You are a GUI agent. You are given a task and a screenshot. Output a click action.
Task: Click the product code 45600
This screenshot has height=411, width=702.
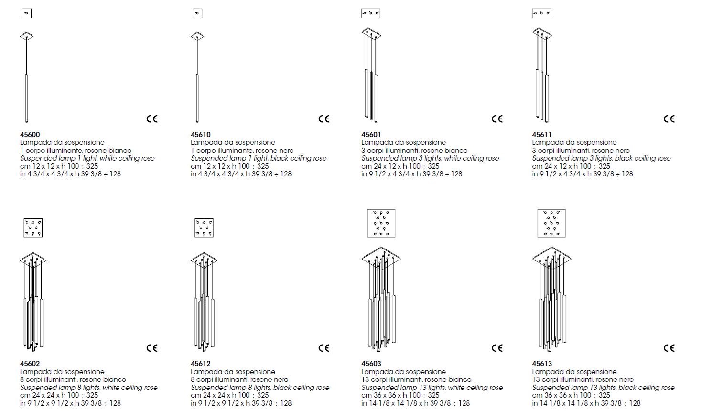[x=30, y=134]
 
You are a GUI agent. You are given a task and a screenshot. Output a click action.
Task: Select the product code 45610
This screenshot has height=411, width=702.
[x=201, y=134]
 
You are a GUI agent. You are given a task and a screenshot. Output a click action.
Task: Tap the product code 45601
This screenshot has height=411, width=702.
[x=371, y=134]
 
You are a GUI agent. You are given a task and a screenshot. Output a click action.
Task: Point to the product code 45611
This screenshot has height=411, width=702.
[x=541, y=134]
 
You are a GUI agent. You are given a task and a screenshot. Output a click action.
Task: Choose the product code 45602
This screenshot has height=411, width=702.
[x=30, y=364]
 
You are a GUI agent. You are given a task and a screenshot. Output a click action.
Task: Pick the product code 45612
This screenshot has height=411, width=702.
[x=201, y=364]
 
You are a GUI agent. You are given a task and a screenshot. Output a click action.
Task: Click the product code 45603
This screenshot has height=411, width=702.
[x=371, y=364]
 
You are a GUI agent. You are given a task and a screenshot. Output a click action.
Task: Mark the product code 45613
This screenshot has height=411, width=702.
[x=542, y=364]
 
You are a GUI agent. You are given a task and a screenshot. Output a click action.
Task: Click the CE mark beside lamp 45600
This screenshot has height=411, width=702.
[x=152, y=119]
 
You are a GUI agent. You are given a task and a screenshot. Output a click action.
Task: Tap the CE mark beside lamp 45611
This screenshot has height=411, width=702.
[x=669, y=119]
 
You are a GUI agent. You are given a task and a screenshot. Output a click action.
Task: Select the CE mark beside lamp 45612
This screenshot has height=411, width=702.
[x=324, y=348]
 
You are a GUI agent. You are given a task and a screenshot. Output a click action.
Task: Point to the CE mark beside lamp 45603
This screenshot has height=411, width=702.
[x=497, y=348]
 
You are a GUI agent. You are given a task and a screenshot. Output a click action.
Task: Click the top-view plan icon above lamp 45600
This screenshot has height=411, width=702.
[x=27, y=13]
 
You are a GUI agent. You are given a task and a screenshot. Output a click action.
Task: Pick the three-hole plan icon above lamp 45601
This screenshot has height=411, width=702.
[x=371, y=13]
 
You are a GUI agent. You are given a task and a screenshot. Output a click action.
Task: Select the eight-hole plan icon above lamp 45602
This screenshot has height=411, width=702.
[x=33, y=227]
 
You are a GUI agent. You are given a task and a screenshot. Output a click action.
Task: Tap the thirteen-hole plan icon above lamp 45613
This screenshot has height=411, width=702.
[x=551, y=223]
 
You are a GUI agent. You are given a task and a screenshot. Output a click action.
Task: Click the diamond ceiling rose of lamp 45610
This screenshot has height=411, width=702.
[x=197, y=36]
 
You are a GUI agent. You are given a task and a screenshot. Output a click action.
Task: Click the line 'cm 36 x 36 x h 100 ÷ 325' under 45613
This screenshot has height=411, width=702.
[x=571, y=395]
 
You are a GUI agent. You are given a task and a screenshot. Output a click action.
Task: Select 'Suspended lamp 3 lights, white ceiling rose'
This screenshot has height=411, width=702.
[x=430, y=158]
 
